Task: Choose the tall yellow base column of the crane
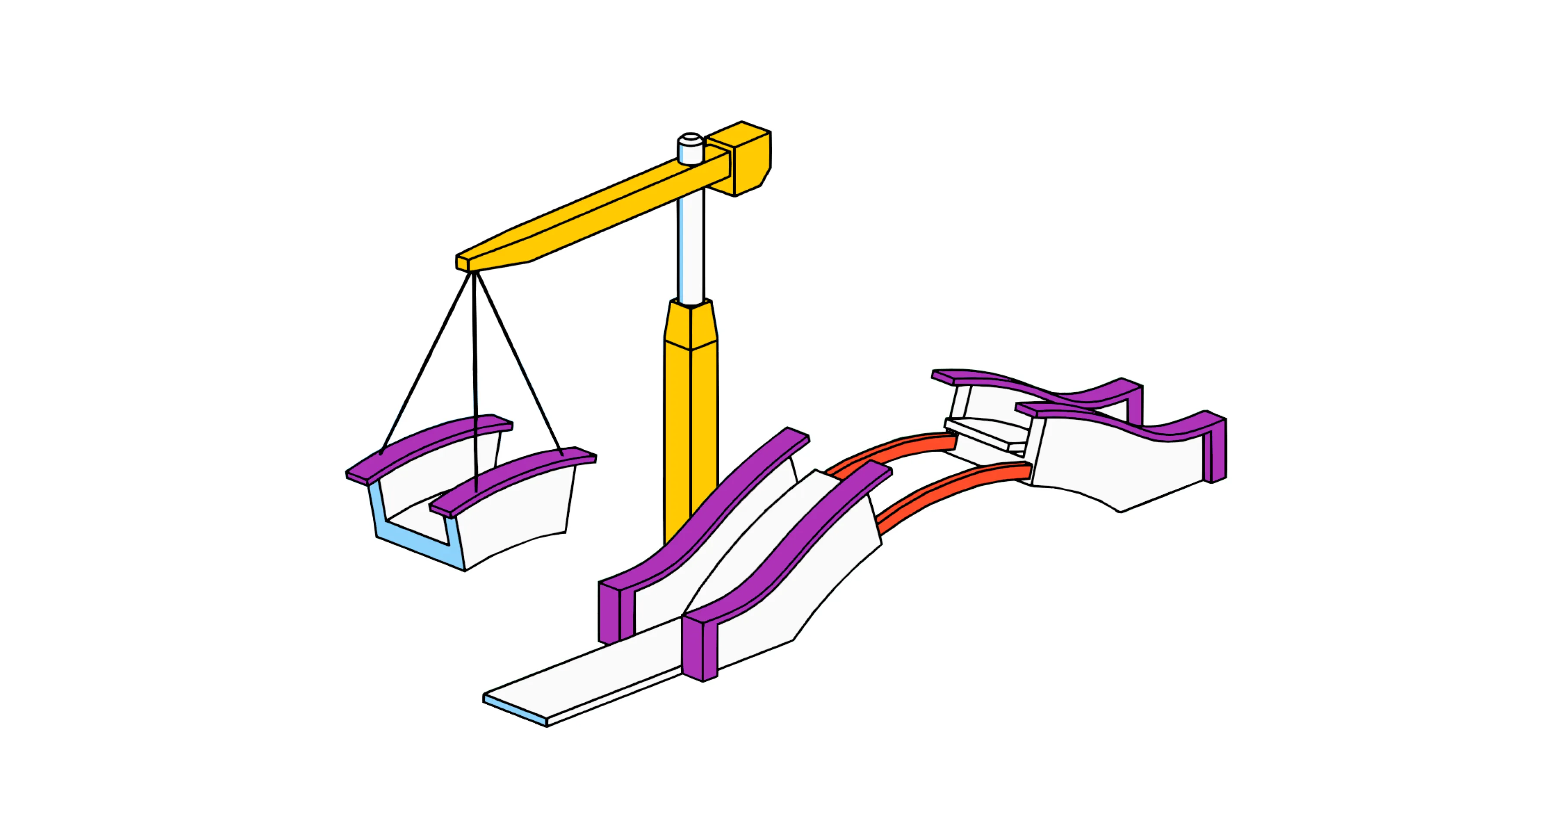point(691,435)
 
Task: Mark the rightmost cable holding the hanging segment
point(520,363)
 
